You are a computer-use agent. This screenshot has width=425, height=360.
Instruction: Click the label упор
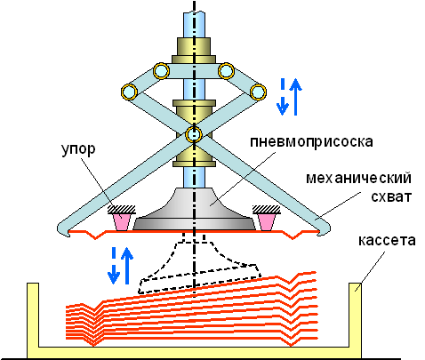(78, 150)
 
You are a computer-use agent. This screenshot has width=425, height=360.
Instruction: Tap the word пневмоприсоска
(311, 142)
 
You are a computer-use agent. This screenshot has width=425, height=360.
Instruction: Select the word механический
(358, 178)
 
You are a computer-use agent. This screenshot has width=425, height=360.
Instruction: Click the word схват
(391, 196)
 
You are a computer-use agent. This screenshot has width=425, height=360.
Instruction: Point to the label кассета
(387, 240)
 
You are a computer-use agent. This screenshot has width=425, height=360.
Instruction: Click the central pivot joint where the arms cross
(194, 135)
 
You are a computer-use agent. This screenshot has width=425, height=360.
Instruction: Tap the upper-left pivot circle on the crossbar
(161, 71)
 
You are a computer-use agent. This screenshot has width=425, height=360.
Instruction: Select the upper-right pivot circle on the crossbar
(226, 71)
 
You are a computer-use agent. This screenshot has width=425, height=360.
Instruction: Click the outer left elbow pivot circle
(129, 92)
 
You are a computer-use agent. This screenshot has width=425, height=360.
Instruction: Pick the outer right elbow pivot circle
(258, 92)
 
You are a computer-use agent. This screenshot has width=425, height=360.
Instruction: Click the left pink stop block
(122, 222)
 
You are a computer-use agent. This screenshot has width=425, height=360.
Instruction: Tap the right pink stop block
(267, 222)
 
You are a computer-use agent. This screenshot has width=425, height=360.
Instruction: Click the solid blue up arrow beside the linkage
(295, 97)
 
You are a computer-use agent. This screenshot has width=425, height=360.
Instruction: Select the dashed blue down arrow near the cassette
(114, 266)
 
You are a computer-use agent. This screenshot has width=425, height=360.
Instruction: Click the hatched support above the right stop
(267, 210)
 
